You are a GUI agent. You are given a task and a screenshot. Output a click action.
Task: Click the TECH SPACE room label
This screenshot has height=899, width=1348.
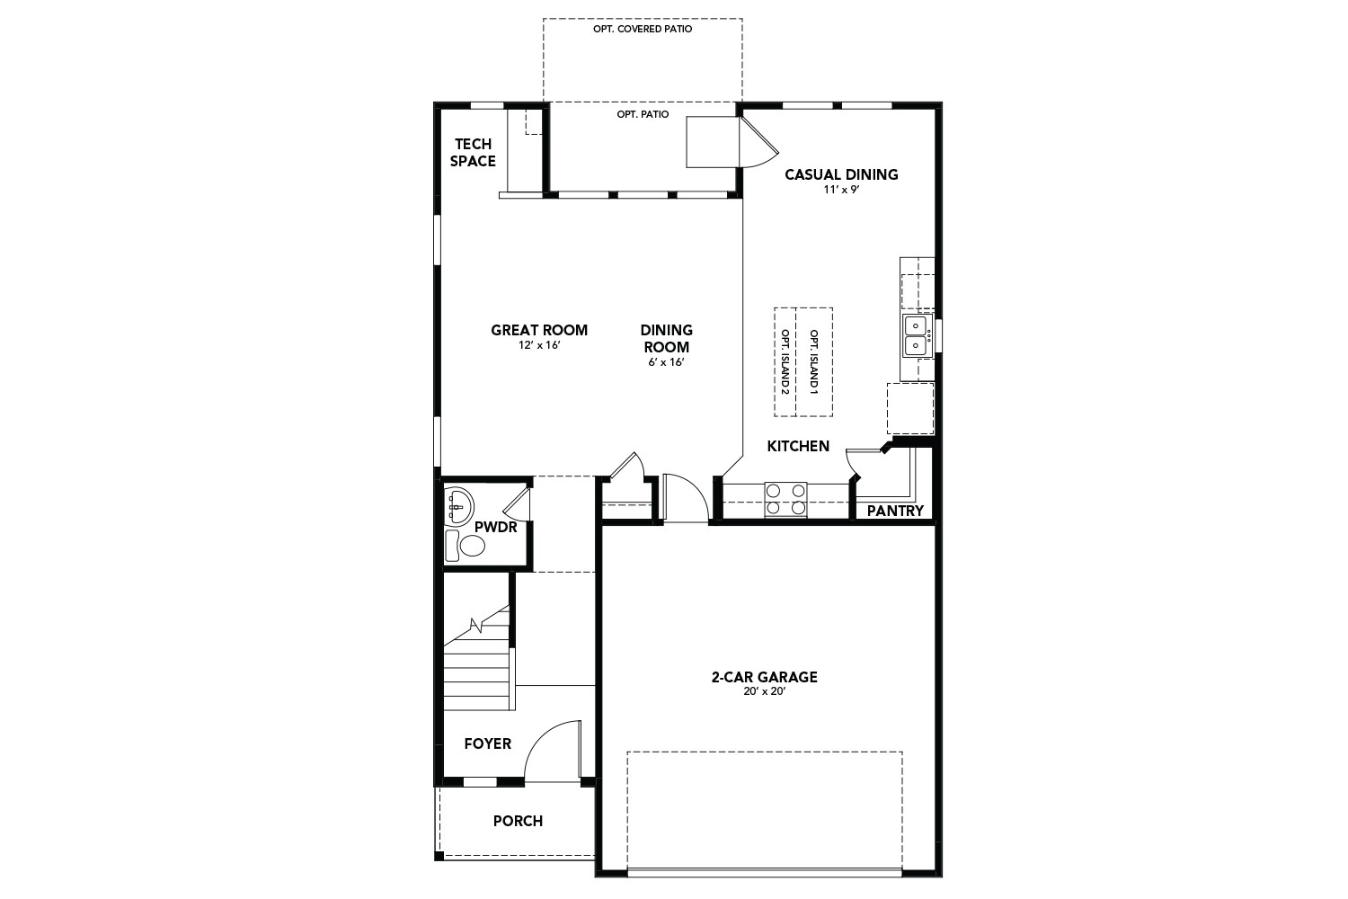(x=473, y=153)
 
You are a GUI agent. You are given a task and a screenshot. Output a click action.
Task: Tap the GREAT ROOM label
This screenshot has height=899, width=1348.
(x=539, y=330)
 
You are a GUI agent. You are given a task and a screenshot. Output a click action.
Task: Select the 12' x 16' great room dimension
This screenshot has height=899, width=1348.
(x=539, y=345)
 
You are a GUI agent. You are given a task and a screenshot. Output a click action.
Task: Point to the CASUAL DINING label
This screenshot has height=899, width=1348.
(x=841, y=174)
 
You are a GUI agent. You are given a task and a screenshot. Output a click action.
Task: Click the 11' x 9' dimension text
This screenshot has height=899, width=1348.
(x=841, y=191)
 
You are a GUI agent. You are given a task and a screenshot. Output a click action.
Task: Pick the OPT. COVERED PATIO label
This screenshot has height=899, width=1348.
(x=643, y=29)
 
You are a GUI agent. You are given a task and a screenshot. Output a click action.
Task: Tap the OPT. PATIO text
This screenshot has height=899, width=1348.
(x=643, y=115)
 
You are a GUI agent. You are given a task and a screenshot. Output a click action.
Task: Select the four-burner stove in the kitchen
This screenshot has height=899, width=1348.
(x=785, y=499)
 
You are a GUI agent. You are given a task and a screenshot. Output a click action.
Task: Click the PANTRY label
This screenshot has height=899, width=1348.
(x=895, y=511)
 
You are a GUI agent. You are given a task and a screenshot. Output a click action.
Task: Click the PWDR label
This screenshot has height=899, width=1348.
(x=496, y=527)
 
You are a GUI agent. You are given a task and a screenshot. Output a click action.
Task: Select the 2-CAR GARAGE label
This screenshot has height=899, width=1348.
(x=764, y=677)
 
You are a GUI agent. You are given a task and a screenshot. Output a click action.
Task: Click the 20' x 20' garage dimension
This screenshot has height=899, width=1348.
(x=764, y=691)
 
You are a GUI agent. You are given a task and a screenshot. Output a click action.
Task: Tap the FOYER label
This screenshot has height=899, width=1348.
(x=487, y=743)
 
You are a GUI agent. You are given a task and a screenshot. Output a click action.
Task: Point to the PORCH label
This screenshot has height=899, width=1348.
(x=518, y=821)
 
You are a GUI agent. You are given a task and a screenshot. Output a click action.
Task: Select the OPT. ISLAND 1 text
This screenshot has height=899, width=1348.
(x=814, y=362)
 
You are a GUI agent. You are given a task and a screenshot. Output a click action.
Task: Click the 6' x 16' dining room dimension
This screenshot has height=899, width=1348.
(x=666, y=362)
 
